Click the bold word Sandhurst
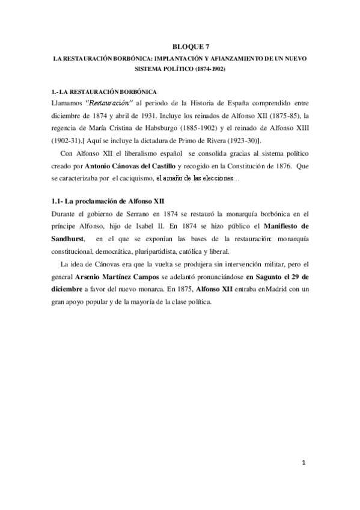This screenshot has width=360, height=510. click(x=69, y=241)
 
